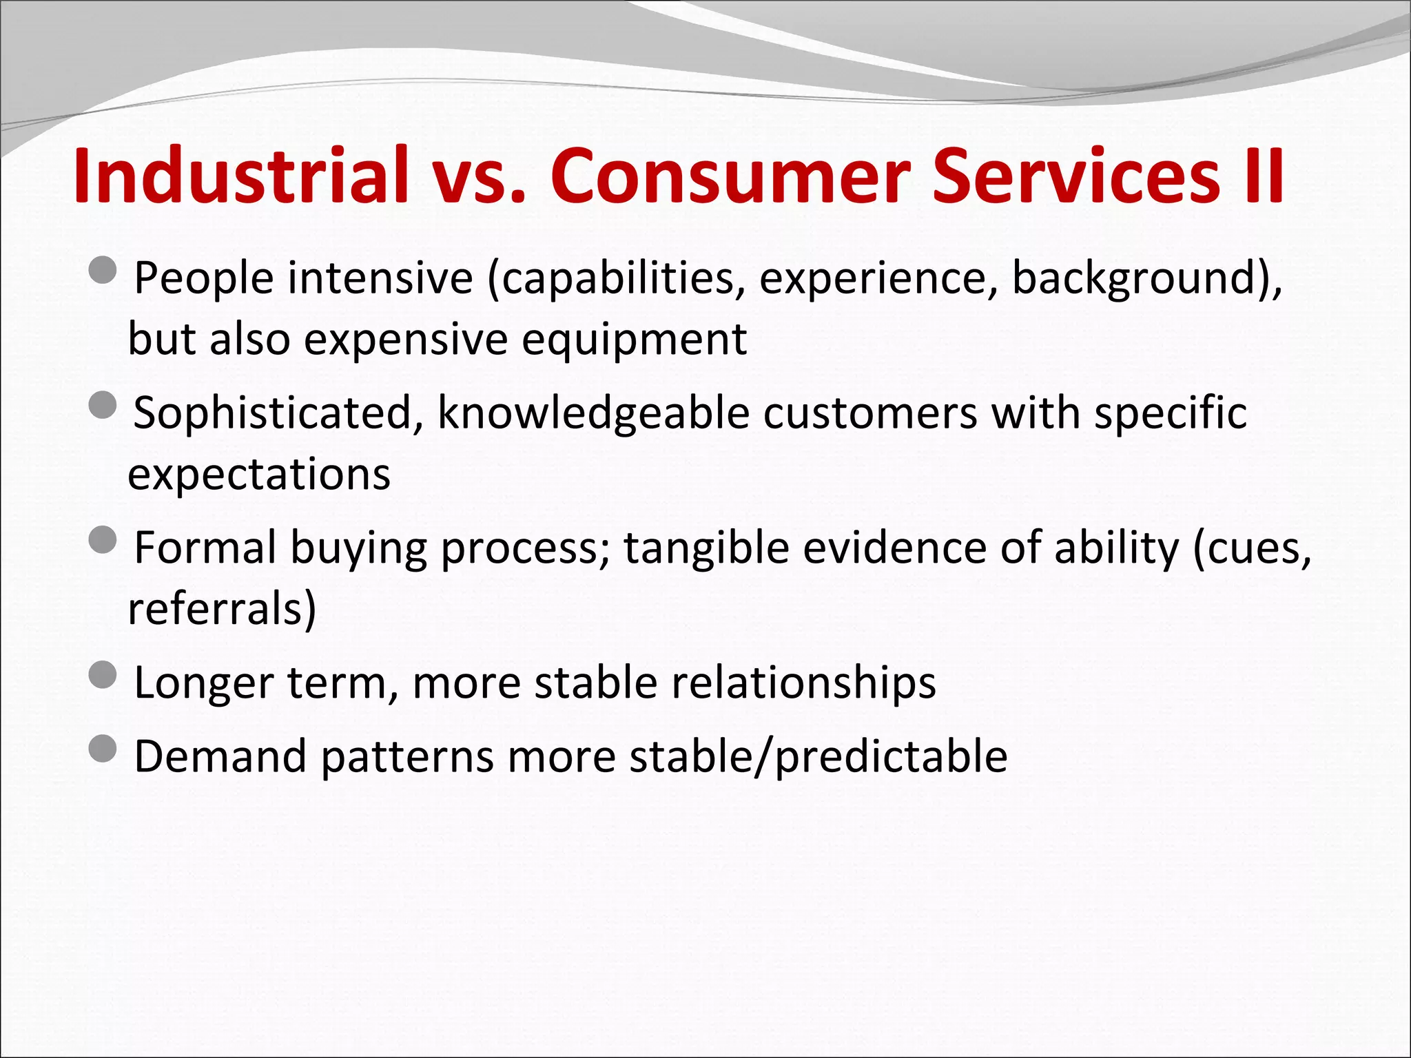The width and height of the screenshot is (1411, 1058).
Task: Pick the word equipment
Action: pos(634,339)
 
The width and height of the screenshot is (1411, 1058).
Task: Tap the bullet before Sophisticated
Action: pos(103,404)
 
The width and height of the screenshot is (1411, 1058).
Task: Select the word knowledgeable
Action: pos(594,413)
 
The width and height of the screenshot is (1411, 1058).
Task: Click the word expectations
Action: pos(259,474)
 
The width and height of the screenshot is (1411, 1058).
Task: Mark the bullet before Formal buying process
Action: pos(103,539)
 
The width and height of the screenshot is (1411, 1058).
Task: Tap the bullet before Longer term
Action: pos(103,674)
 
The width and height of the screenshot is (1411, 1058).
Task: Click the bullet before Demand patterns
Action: pos(103,748)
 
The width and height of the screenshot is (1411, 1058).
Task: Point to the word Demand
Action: pos(220,756)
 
